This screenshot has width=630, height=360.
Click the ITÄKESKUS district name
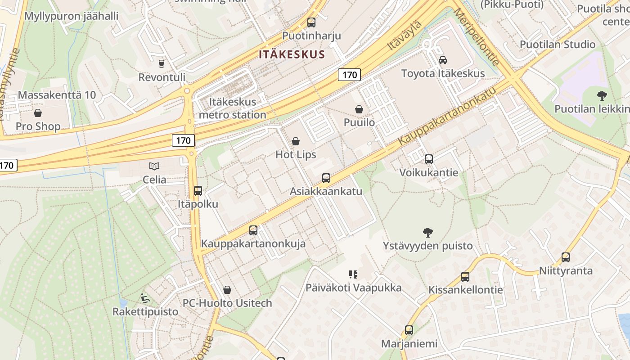(x=292, y=55)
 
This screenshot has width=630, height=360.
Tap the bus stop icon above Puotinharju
(x=311, y=22)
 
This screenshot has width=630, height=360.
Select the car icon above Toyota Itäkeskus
(x=443, y=60)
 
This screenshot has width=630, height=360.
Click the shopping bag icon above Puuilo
(x=359, y=109)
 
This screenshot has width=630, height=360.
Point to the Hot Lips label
(x=296, y=154)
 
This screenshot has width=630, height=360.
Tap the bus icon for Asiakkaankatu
(x=326, y=178)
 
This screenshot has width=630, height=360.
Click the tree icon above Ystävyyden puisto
(x=428, y=233)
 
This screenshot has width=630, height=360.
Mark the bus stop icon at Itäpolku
(x=198, y=191)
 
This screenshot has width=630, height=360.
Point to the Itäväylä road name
(x=405, y=35)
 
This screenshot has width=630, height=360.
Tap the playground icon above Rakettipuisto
(x=145, y=298)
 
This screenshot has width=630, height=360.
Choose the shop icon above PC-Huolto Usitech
(x=227, y=290)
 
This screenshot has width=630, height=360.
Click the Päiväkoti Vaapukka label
(x=353, y=288)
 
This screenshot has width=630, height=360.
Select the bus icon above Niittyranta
(x=566, y=257)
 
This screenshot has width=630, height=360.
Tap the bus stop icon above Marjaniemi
(x=409, y=330)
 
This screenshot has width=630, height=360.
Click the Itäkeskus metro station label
(x=232, y=108)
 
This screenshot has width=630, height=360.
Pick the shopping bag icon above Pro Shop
(x=38, y=113)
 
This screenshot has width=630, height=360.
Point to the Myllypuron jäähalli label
(x=71, y=16)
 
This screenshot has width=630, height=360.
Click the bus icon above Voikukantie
(x=429, y=159)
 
